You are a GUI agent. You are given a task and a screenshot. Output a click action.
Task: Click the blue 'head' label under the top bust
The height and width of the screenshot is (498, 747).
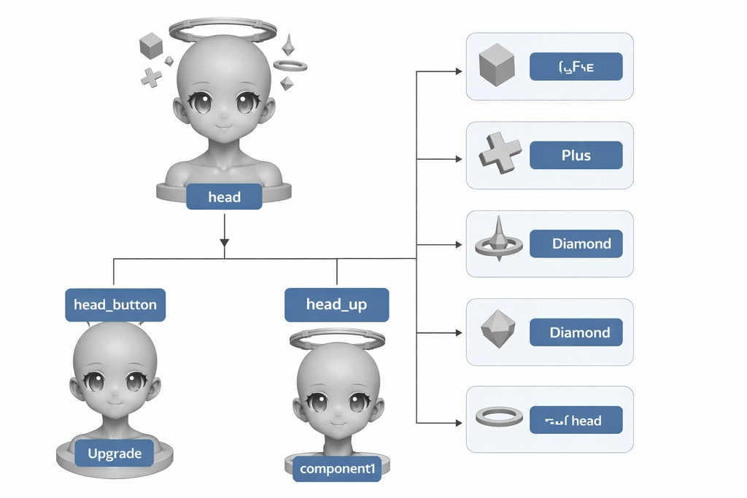(224, 197)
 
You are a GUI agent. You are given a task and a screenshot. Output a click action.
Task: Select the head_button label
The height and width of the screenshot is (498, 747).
(115, 304)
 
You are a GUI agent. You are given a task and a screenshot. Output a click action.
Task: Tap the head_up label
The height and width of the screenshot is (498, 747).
(336, 305)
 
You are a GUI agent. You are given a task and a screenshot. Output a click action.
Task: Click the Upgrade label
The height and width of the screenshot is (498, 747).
(115, 454)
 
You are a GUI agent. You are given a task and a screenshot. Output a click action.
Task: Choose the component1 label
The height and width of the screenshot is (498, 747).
(337, 469)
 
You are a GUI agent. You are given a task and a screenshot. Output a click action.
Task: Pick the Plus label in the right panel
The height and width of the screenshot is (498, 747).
(576, 155)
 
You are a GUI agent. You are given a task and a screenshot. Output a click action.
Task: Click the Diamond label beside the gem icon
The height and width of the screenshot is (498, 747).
(579, 332)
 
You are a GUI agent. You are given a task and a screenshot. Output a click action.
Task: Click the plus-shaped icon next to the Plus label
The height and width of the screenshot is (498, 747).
(500, 155)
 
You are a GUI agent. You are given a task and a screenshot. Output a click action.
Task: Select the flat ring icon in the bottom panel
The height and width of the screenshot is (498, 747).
(499, 417)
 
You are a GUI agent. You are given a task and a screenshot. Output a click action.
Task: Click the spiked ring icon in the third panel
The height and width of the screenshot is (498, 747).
(499, 241)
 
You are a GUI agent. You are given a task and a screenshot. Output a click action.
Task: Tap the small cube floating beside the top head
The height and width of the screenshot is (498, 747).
(151, 47)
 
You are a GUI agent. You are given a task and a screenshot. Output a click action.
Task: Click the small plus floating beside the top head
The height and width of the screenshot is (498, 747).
(151, 77)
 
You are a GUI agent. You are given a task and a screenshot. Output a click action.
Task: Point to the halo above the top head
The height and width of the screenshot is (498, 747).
(222, 31)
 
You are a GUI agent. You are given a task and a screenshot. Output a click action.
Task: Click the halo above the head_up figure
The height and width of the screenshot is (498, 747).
(337, 339)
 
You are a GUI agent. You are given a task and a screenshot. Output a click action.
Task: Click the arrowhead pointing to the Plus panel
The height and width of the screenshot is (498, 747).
(457, 158)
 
